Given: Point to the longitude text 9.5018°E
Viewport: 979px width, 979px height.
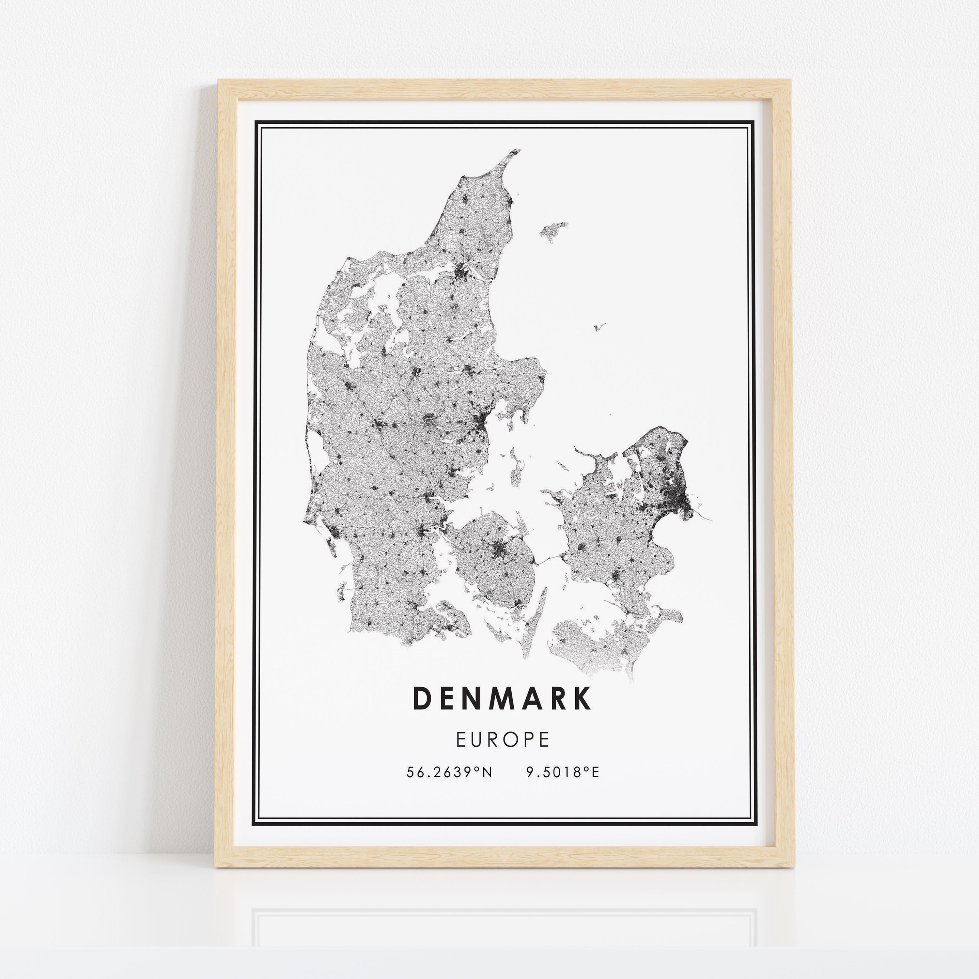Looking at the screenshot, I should pyautogui.click(x=563, y=772).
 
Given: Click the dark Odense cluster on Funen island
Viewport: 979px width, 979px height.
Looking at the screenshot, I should pyautogui.click(x=498, y=547).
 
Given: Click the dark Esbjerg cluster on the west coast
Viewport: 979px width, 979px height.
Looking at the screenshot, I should pyautogui.click(x=335, y=532).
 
